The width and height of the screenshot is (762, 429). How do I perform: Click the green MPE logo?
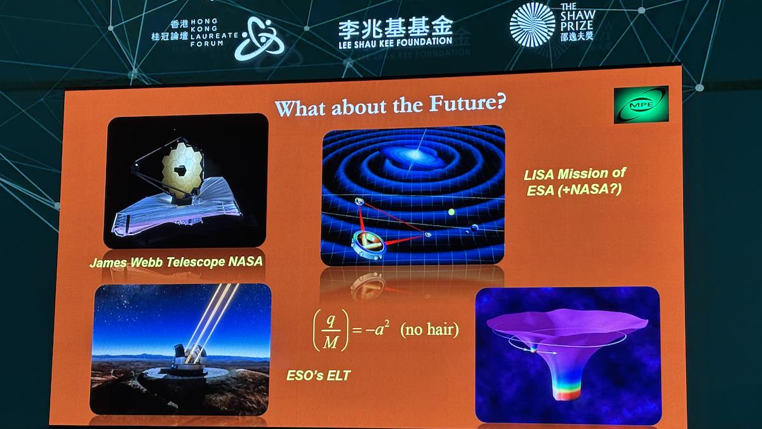[641, 104]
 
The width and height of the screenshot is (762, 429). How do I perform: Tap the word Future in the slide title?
[467, 103]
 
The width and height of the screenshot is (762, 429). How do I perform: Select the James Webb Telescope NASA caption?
[177, 262]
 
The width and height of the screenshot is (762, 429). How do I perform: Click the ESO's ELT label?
[318, 376]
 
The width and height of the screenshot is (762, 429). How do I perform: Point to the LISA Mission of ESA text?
[575, 182]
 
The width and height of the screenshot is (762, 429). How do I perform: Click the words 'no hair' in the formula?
[429, 330]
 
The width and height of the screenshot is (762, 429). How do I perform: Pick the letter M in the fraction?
[330, 342]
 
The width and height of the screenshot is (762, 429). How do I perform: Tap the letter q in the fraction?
[330, 320]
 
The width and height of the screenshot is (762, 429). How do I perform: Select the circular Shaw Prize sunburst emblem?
[532, 24]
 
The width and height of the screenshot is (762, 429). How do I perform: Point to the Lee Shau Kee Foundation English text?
[395, 43]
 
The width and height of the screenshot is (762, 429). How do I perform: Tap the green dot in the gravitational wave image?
[451, 212]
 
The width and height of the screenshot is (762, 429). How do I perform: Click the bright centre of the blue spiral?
[416, 154]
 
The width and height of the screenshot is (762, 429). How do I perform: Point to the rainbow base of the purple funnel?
[566, 392]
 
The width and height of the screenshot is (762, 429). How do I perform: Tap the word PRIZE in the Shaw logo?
[577, 26]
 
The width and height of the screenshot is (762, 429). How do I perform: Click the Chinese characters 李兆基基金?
[395, 26]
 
